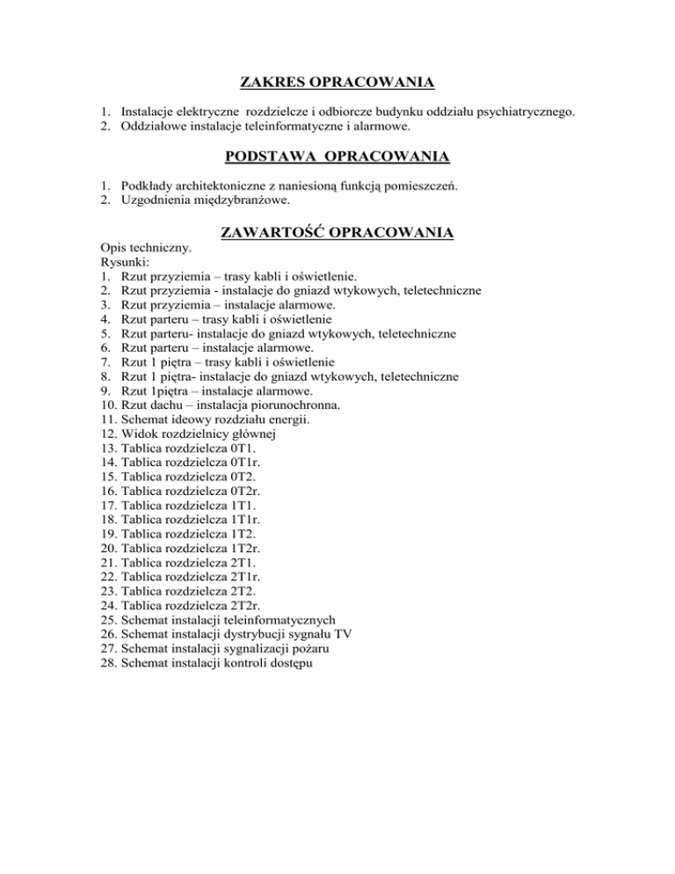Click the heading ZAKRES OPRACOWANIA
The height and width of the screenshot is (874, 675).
coord(337,84)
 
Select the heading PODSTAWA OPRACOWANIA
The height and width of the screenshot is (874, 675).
coord(337,157)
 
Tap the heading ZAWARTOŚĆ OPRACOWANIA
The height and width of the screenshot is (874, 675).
coord(337,233)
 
